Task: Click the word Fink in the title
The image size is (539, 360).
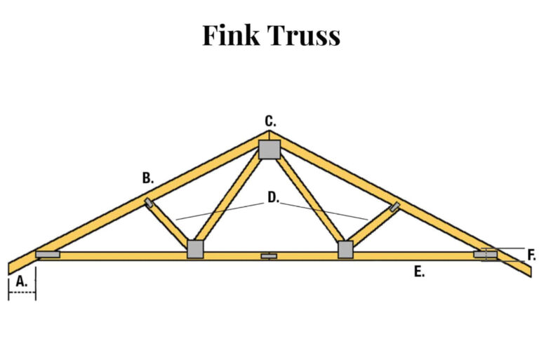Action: pos(231,35)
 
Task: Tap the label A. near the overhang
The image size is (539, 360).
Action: pos(22,281)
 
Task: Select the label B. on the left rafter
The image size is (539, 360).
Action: pos(147,178)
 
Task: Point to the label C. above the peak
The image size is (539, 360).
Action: pos(270,121)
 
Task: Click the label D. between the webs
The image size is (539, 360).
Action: pos(272,198)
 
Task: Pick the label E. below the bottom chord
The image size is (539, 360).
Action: pos(419,272)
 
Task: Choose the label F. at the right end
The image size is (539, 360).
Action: pos(531,255)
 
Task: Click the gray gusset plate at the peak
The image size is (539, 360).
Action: pos(269,149)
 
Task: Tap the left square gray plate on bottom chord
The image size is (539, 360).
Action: pos(195,249)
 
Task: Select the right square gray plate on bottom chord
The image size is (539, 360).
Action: pos(345,249)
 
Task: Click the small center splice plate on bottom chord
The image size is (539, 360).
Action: pos(269,256)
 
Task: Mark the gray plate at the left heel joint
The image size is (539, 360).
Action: pos(48,254)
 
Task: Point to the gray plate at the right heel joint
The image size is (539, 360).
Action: pos(486,254)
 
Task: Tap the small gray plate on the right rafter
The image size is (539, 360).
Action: pos(395,206)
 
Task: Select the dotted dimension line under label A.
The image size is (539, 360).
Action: pos(22,292)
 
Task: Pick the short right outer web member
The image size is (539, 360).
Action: pos(372,226)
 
